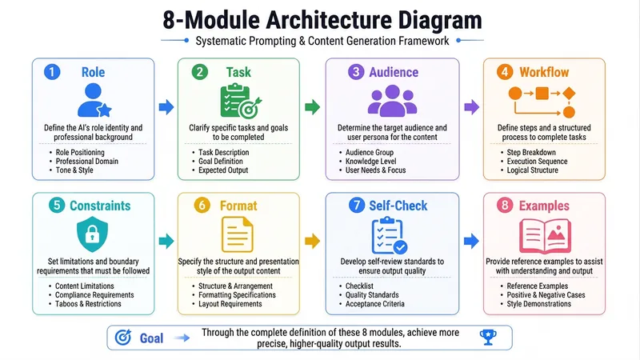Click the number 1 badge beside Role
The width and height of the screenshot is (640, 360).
(52, 72)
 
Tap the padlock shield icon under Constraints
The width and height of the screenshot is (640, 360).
(92, 234)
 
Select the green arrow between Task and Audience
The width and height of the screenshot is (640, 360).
(313, 107)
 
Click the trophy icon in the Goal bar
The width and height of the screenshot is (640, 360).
(488, 337)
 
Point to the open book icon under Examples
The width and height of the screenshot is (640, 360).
(545, 236)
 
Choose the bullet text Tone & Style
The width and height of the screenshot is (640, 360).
(74, 170)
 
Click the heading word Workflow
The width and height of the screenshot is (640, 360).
(544, 72)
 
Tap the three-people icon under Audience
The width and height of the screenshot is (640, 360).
(392, 101)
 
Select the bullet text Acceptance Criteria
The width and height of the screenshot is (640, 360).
(374, 304)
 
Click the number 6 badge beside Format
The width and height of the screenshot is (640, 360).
(202, 206)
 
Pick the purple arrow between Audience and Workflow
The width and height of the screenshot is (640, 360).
(471, 107)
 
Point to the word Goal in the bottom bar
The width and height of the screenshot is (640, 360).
(151, 338)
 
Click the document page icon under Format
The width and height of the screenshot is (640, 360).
(238, 234)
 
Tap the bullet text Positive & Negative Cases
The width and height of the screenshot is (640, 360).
(546, 294)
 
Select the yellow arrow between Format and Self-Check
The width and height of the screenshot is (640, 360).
(313, 241)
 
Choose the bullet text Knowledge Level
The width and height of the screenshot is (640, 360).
(370, 162)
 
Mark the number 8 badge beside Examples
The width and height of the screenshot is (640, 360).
(505, 206)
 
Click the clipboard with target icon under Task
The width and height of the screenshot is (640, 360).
(241, 101)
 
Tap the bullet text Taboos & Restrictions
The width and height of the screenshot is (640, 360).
(88, 304)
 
